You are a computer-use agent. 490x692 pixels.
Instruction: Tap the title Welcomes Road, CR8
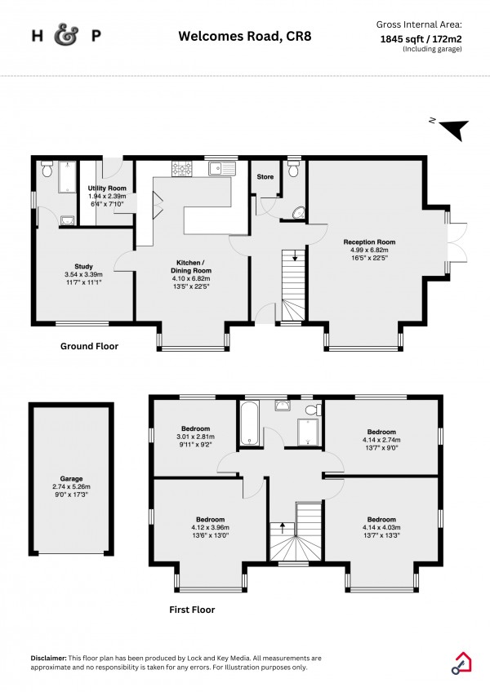point(245,36)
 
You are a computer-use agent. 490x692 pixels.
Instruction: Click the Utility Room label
point(106,189)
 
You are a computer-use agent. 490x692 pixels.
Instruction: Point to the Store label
point(265,176)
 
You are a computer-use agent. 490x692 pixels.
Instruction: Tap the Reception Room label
point(368,242)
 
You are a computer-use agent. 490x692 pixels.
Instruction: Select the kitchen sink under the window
point(220,170)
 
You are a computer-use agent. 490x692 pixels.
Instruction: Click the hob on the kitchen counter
point(180,170)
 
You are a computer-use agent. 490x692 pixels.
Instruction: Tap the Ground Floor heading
point(89,346)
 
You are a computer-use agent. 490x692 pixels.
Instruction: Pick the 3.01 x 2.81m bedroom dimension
point(195,437)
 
